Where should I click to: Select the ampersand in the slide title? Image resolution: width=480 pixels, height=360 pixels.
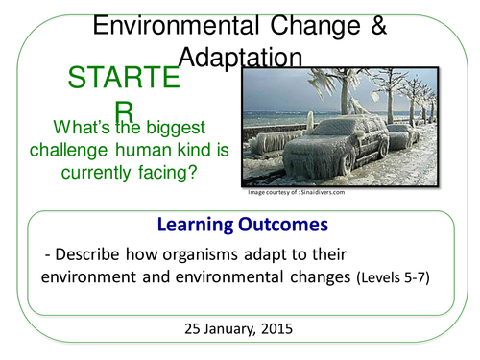(x=376, y=27)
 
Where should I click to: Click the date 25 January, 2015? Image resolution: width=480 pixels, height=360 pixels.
(x=240, y=326)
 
